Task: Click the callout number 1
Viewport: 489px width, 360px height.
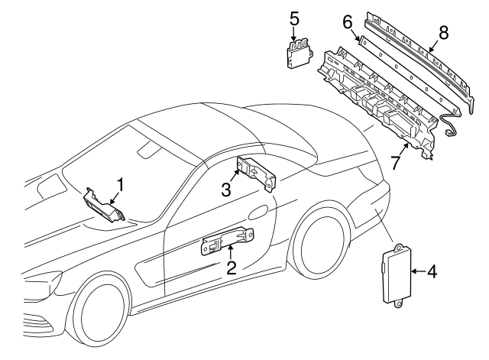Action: tap(119, 183)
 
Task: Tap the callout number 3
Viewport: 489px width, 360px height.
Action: tap(226, 188)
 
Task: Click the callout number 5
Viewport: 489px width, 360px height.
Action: tap(295, 17)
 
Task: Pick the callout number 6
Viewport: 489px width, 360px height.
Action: tap(348, 24)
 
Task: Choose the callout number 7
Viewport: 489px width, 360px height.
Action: tap(395, 163)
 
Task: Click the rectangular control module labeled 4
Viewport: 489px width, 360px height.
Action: tap(395, 275)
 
